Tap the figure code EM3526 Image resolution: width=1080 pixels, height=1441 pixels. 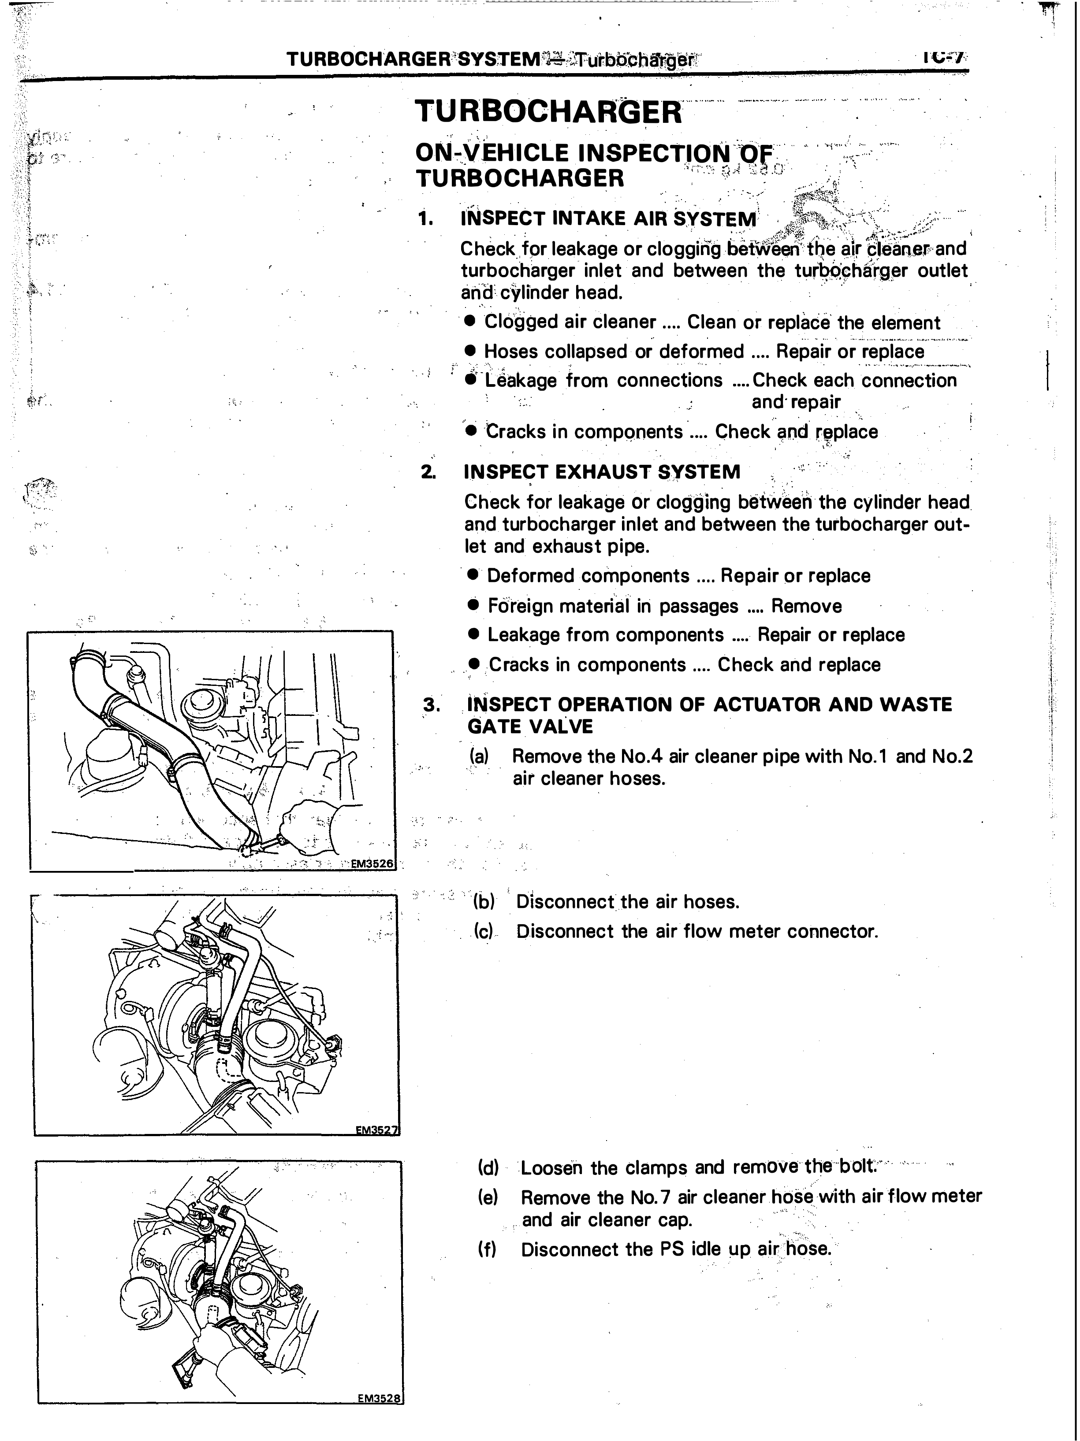click(372, 864)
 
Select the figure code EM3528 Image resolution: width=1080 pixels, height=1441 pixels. click(380, 1398)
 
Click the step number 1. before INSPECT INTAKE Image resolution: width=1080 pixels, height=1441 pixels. click(426, 218)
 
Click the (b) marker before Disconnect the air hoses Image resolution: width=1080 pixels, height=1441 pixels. click(484, 902)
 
